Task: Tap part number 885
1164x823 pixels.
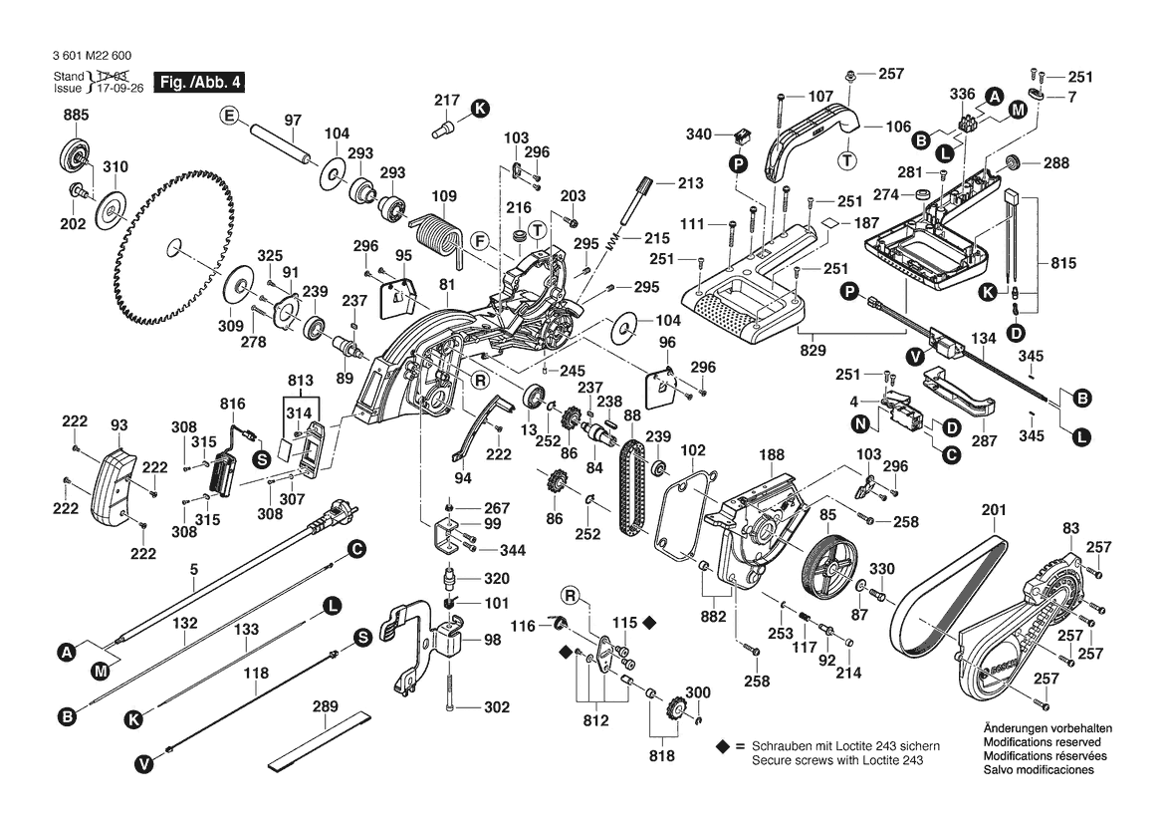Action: pos(75,116)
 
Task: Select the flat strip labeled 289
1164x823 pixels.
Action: pos(317,742)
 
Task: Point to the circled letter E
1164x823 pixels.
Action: pos(230,117)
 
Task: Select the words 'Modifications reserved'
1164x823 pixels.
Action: pos(1042,742)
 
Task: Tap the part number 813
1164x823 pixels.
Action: pos(299,382)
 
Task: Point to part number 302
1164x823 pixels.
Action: pos(496,707)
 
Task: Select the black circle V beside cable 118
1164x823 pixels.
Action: pos(144,764)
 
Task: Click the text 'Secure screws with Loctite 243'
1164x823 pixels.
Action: pos(837,760)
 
